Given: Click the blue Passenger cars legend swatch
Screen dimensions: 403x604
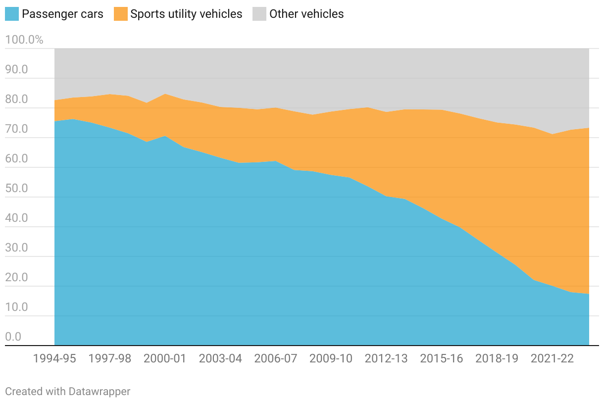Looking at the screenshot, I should tap(12, 14).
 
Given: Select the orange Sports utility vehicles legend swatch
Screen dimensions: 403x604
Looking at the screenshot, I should tap(121, 14).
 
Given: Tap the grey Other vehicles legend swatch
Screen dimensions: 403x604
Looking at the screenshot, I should tap(259, 14).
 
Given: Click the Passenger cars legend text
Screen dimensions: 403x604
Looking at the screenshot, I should tap(62, 14).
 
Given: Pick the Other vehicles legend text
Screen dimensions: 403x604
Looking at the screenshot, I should tap(306, 14).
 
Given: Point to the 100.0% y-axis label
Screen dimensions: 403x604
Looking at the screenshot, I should tap(24, 40).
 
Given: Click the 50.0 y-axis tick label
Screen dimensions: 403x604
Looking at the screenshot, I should tap(17, 189).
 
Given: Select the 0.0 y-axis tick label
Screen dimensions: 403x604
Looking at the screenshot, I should tap(13, 337).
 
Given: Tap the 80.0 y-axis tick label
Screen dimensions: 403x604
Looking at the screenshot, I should tap(17, 100).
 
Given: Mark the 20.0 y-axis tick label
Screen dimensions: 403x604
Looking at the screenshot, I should tap(17, 278).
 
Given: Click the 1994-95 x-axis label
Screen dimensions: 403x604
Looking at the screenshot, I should tap(54, 358).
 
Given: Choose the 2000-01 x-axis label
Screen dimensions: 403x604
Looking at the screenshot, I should tap(165, 358).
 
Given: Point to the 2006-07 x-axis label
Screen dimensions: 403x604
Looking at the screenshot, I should tap(276, 358).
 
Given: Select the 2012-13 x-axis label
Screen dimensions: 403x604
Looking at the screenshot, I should tap(386, 358).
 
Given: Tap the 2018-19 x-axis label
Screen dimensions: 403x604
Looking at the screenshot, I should tap(497, 358).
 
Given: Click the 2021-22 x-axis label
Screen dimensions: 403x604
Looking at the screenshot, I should tap(552, 358).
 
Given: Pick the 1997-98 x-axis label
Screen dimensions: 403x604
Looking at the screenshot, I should tap(110, 358).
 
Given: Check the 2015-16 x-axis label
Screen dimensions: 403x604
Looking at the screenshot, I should tap(442, 358).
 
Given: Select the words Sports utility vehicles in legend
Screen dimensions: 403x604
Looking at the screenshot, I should tap(186, 14).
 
